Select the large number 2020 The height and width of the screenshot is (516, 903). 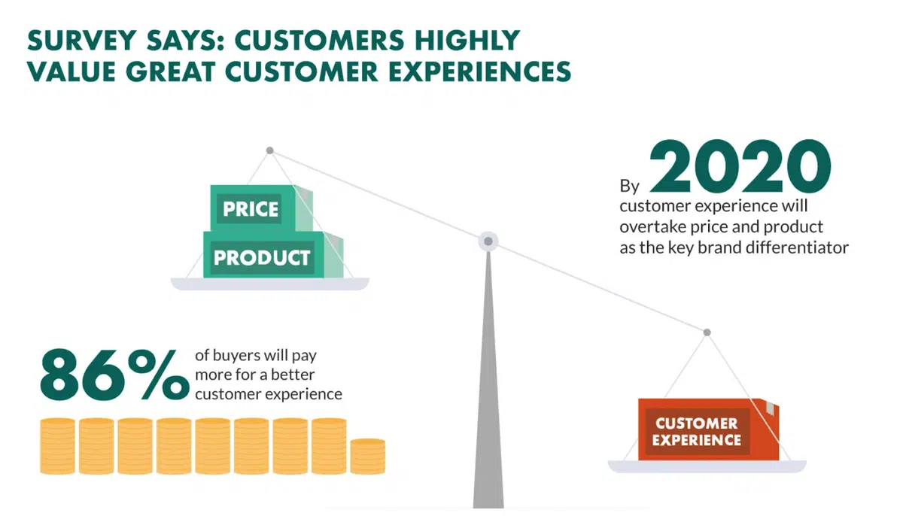[740, 166]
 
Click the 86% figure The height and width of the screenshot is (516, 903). [115, 375]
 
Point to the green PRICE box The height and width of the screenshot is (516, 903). [261, 208]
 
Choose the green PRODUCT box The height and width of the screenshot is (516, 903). [273, 254]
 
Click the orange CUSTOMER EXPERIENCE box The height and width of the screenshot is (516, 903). [708, 429]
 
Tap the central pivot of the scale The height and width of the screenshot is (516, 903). [488, 241]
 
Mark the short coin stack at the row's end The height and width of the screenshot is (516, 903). [368, 457]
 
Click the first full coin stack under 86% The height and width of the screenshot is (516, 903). [58, 446]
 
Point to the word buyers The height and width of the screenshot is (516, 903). [236, 356]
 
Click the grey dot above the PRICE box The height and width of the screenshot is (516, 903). [270, 150]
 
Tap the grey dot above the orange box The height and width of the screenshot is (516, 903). [707, 332]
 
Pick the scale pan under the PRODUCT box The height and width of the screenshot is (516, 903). [269, 284]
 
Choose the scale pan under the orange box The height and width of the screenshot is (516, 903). [707, 466]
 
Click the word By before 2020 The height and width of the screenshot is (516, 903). [630, 186]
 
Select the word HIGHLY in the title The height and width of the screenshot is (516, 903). [467, 41]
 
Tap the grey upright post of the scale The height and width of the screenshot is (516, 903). [488, 380]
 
